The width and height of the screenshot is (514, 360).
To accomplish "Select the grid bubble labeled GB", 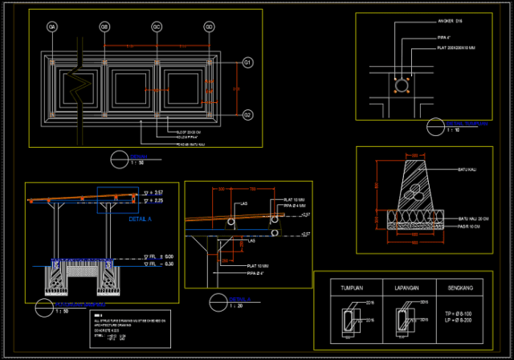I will click(104, 27).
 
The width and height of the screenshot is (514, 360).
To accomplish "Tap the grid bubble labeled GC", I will click(157, 27).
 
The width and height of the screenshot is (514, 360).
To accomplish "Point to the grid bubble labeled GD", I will click(209, 27).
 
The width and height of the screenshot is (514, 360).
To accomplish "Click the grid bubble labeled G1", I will click(247, 62).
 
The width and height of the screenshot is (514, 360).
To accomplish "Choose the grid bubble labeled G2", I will click(247, 114).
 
